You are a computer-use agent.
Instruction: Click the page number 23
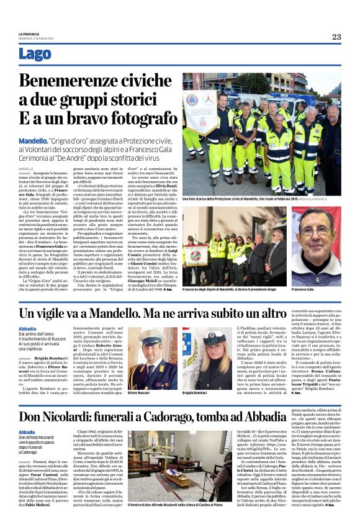pos(336,37)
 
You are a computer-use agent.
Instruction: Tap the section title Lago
pos(35,54)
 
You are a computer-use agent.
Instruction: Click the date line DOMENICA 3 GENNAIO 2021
pos(35,38)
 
